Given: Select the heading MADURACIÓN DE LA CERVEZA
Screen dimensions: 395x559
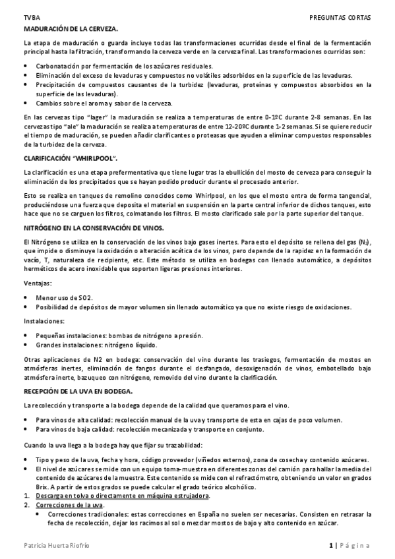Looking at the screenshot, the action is pyautogui.click(x=71, y=30).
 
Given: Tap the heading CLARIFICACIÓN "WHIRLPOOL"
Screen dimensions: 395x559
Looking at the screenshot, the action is pyautogui.click(x=71, y=159).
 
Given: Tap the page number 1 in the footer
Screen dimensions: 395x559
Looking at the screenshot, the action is pyautogui.click(x=330, y=545).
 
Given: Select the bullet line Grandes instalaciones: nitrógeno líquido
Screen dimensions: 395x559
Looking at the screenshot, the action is pyautogui.click(x=96, y=344).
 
